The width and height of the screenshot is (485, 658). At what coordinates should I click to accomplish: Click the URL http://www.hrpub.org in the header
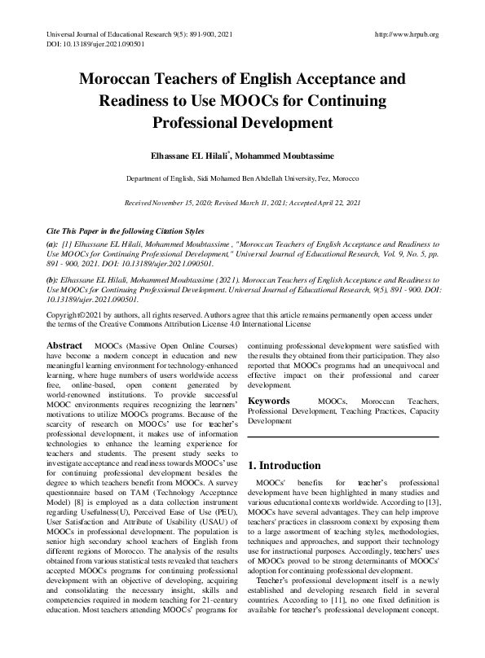pos(406,34)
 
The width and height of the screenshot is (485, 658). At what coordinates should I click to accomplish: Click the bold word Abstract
pos(64,345)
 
